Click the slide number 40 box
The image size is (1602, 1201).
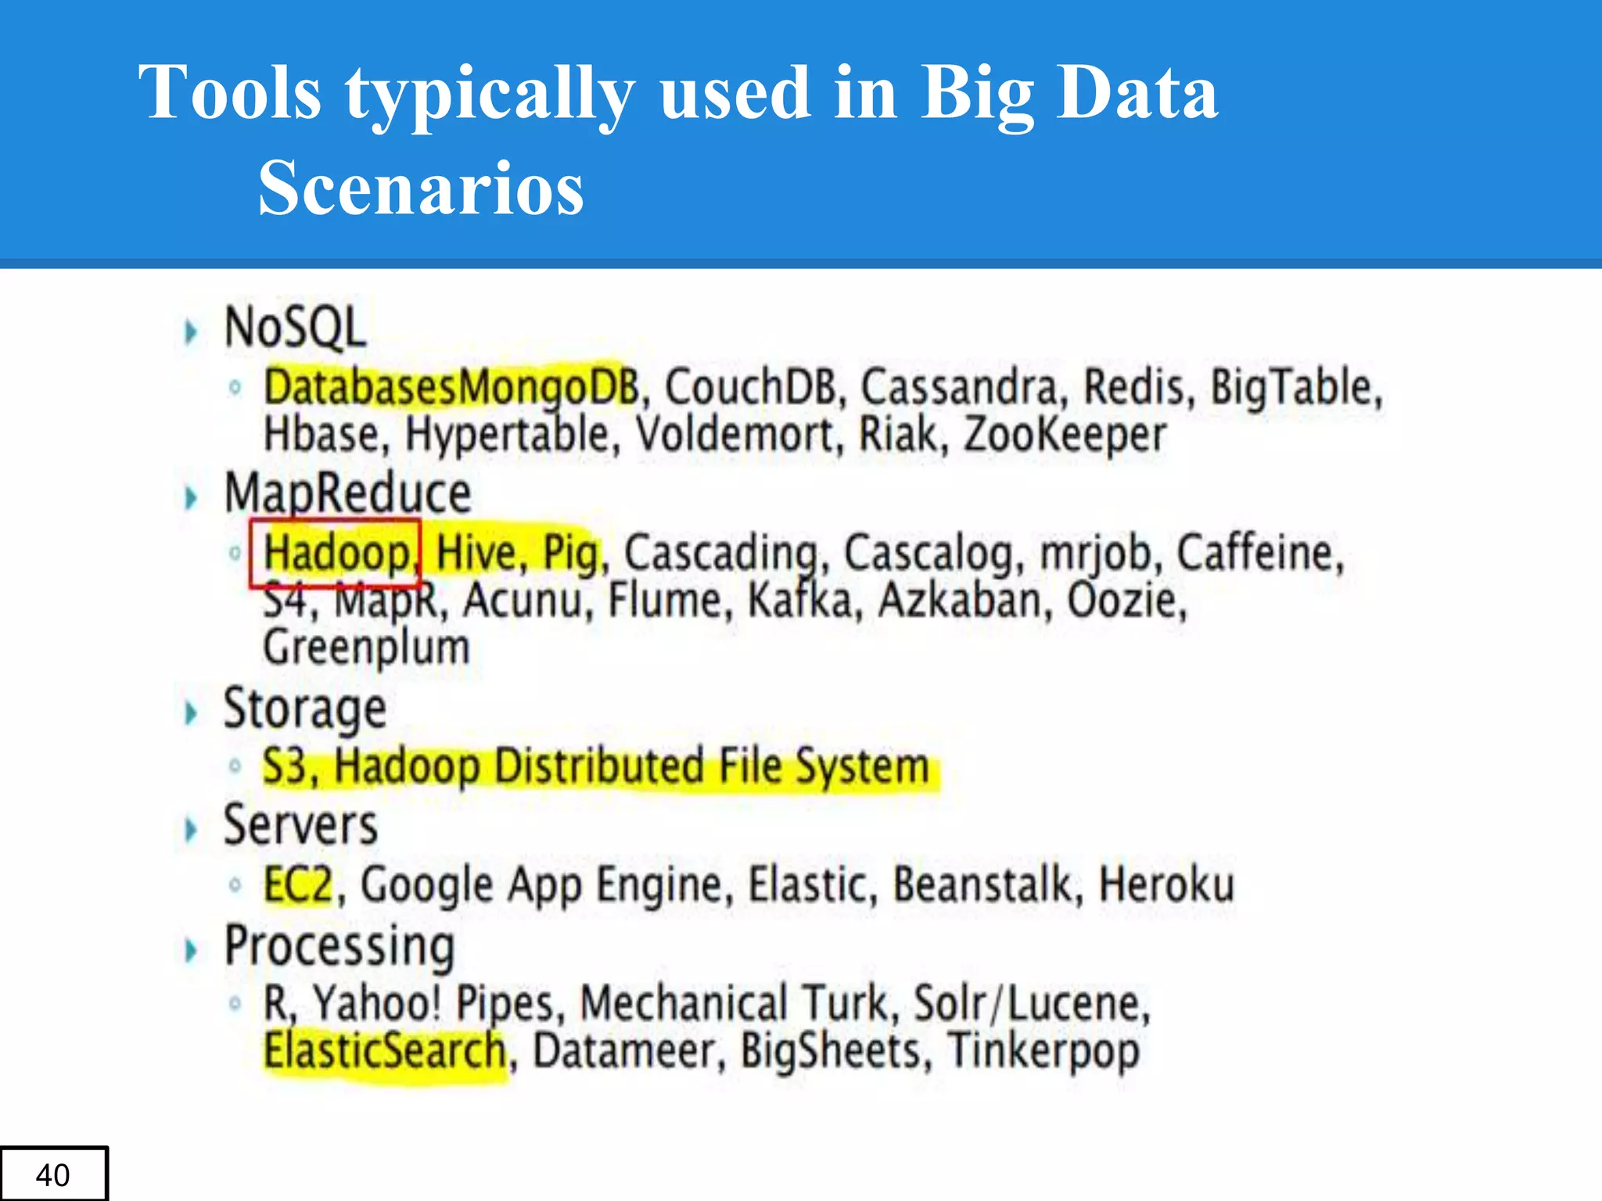pyautogui.click(x=53, y=1174)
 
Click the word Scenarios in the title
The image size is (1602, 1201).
pyautogui.click(x=421, y=188)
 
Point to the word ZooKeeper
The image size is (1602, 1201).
pyautogui.click(x=1065, y=435)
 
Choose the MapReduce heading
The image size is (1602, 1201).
pyautogui.click(x=347, y=493)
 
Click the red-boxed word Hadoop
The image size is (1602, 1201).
pyautogui.click(x=336, y=553)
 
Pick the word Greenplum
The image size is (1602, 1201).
pyautogui.click(x=366, y=648)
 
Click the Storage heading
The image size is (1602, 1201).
pyautogui.click(x=305, y=708)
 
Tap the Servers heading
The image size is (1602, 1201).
pyautogui.click(x=300, y=826)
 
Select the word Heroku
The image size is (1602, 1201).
pyautogui.click(x=1166, y=885)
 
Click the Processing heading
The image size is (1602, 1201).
pyautogui.click(x=339, y=946)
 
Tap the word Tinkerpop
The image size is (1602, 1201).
pyautogui.click(x=1043, y=1052)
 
